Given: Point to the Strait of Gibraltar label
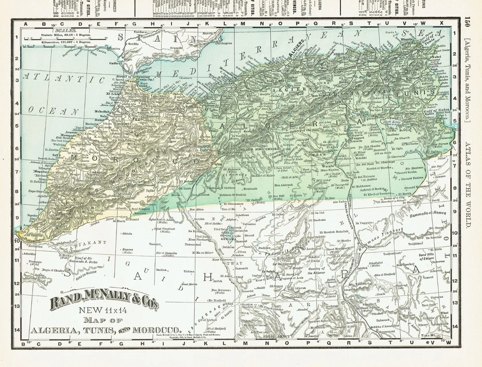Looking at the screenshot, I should [125, 76].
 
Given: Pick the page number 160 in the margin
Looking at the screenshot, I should [468, 22].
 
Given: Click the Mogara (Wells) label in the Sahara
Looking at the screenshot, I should [127, 251].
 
